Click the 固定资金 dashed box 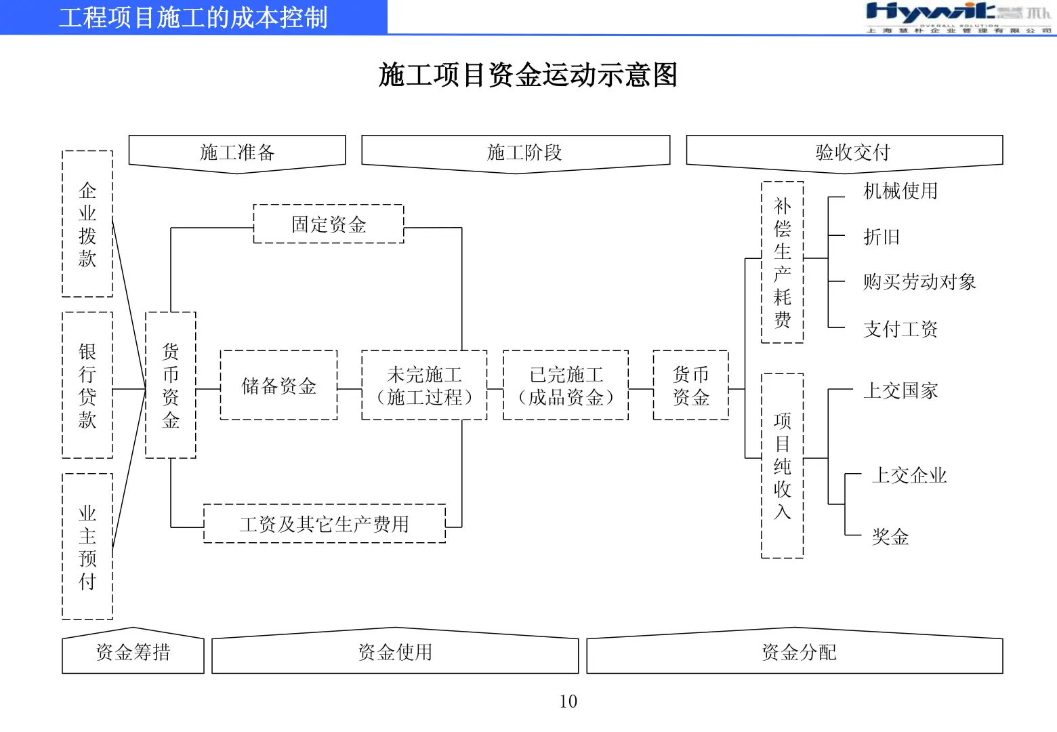329,224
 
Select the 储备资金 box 278,386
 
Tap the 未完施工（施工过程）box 424,386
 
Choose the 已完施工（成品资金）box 566,386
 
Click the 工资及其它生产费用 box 325,524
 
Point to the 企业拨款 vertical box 87,224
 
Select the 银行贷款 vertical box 87,385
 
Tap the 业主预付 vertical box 87,546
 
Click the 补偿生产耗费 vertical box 783,262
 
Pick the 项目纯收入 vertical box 783,466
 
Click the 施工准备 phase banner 237,152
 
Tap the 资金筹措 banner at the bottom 133,653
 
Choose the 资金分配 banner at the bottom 799,653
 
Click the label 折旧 882,237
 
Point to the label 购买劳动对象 919,282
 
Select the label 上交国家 900,391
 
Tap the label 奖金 890,537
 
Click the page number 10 568,701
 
